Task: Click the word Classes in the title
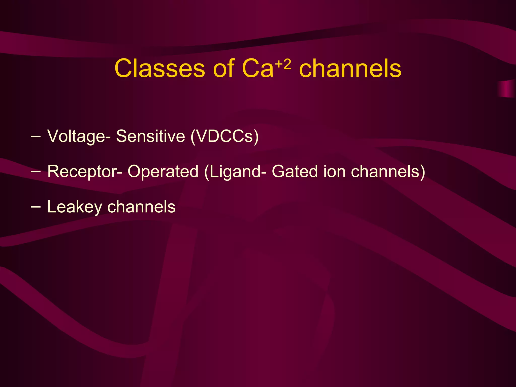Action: tap(159, 69)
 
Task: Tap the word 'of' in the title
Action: tap(224, 69)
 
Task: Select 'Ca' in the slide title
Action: tap(257, 69)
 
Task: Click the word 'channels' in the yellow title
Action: tap(350, 69)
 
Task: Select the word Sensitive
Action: tap(150, 136)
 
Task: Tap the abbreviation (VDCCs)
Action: tap(224, 136)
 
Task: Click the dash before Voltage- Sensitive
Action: tap(35, 136)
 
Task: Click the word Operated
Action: tap(163, 172)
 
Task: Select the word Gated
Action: tap(295, 172)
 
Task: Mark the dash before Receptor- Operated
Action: tap(35, 172)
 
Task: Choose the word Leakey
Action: tap(75, 207)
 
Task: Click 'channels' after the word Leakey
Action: tap(141, 207)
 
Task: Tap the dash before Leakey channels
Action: tap(35, 207)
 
